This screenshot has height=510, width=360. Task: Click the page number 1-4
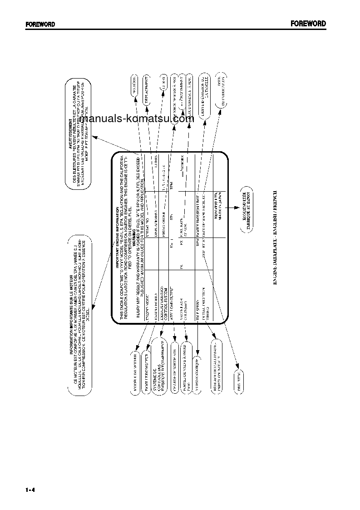tap(30, 490)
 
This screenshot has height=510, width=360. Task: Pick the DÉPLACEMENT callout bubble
tap(148, 90)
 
